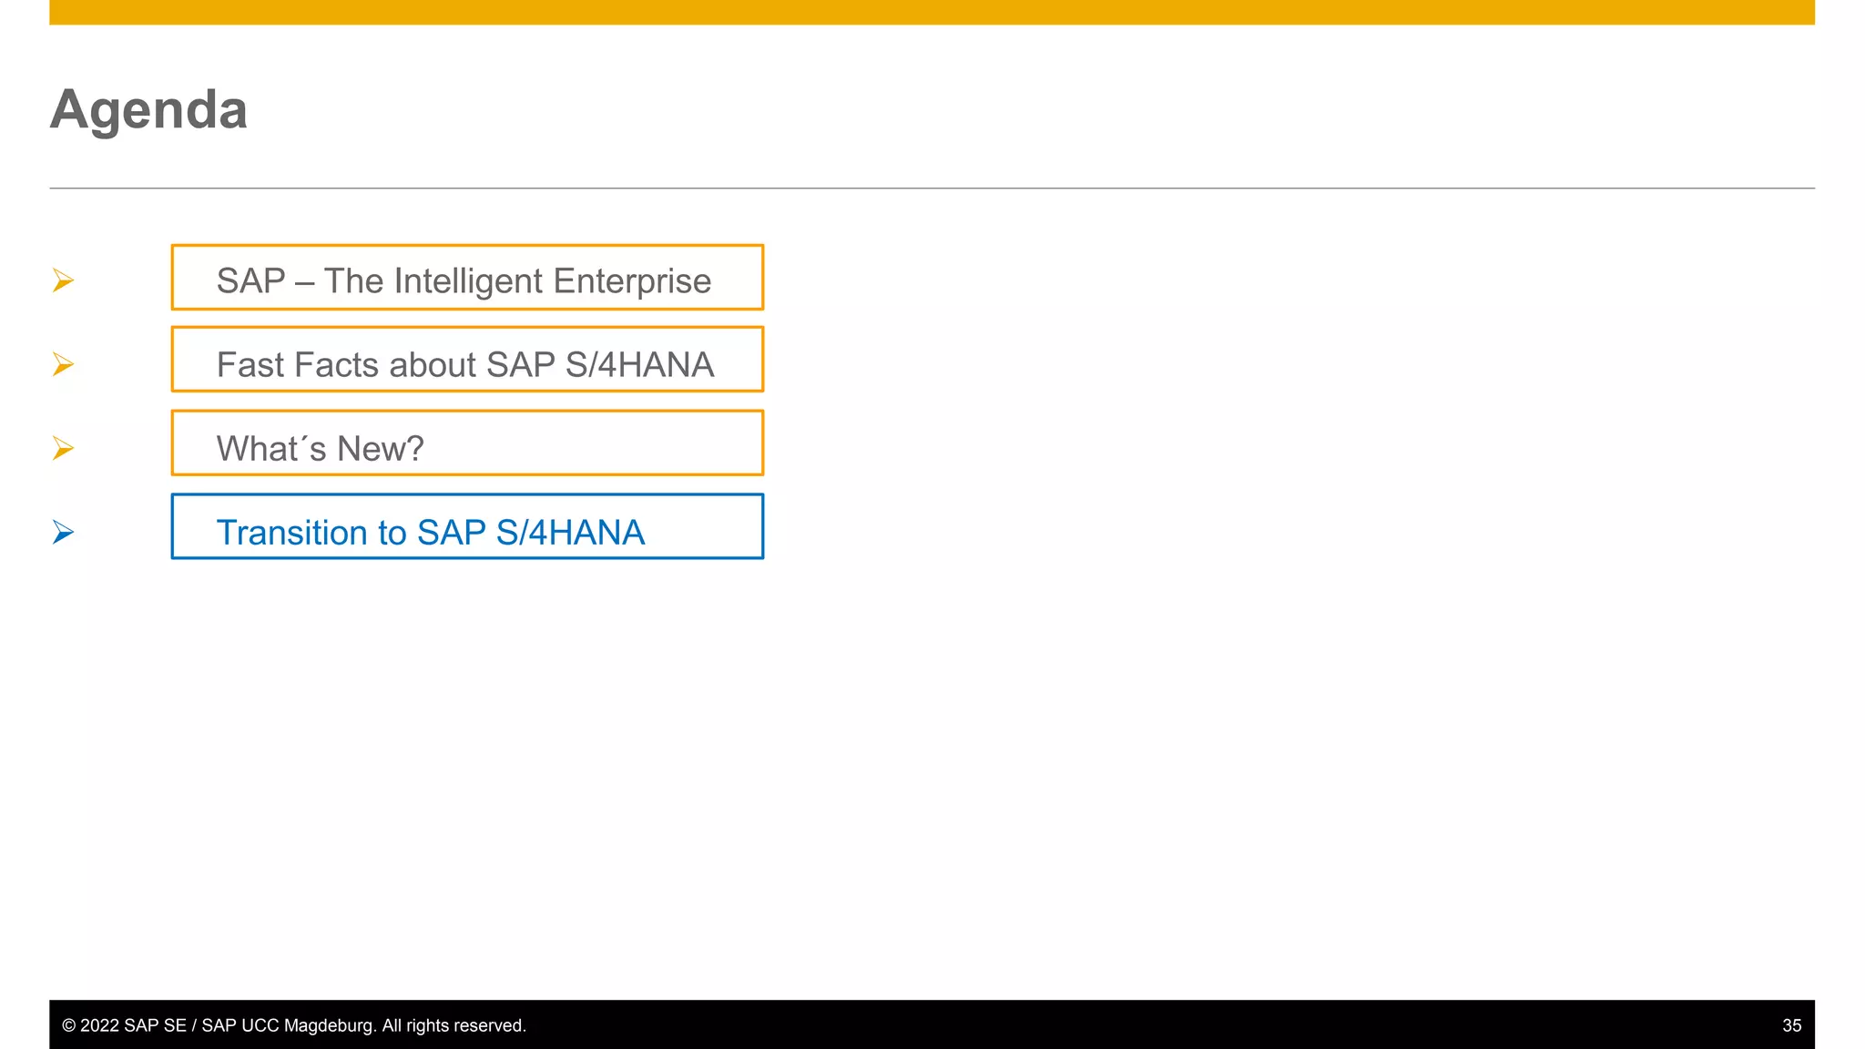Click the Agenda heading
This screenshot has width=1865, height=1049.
(x=148, y=110)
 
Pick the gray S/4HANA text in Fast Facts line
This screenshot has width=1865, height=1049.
(x=639, y=365)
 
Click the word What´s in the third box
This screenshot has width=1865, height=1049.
(x=271, y=449)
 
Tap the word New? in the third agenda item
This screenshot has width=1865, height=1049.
(x=381, y=449)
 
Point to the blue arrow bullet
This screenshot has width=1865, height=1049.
(x=63, y=532)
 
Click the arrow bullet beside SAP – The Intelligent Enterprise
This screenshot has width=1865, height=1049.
(x=63, y=280)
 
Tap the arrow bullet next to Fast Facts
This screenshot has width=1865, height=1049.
(x=63, y=364)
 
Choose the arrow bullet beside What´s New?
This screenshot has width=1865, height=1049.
(x=63, y=448)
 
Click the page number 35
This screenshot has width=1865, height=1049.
(x=1791, y=1025)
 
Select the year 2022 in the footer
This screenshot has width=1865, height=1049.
(x=100, y=1025)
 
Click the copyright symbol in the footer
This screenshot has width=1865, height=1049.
(x=68, y=1025)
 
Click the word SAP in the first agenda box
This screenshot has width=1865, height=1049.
(x=250, y=281)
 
